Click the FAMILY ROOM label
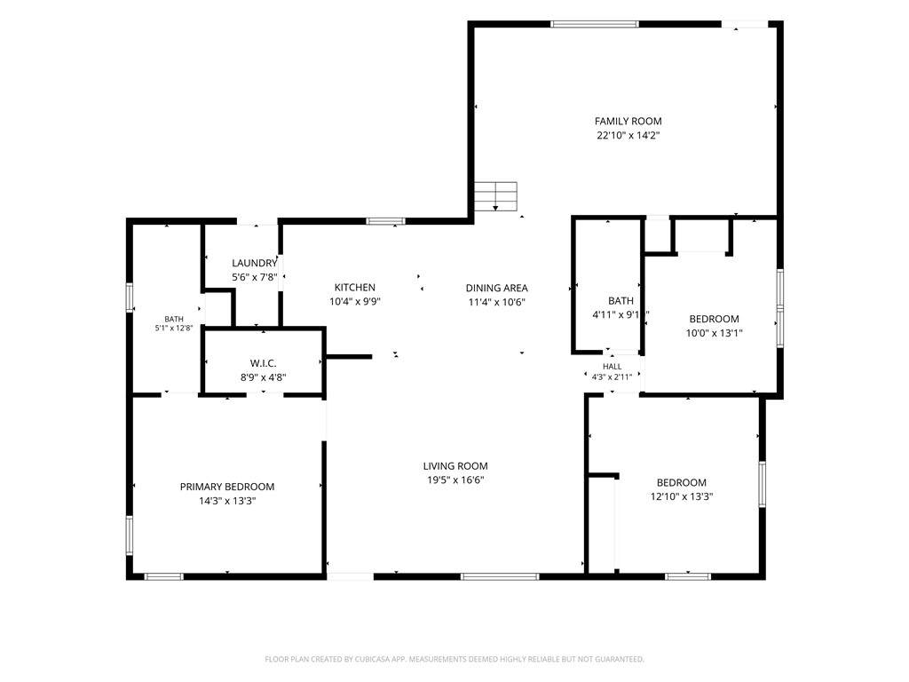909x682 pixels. click(628, 121)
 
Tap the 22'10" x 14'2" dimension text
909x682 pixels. click(628, 136)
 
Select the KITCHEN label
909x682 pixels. click(355, 288)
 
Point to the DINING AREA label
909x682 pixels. click(497, 289)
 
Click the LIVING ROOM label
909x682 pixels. click(455, 466)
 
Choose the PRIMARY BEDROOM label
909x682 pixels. click(227, 488)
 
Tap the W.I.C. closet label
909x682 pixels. click(263, 363)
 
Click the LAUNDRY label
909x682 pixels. click(255, 263)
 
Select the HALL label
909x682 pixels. click(613, 367)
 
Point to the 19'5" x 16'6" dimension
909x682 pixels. click(455, 480)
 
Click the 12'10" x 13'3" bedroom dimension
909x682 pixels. click(682, 497)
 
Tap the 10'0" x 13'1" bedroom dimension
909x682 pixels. click(715, 334)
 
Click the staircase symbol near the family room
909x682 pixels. click(495, 196)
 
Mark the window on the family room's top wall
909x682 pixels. click(594, 24)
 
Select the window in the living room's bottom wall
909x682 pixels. click(500, 576)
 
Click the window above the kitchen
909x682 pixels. click(385, 221)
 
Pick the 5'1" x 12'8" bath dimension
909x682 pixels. click(174, 329)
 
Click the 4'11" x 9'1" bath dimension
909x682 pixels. click(620, 315)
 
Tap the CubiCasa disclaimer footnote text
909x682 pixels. click(454, 660)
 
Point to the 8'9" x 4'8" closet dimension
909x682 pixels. click(263, 377)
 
